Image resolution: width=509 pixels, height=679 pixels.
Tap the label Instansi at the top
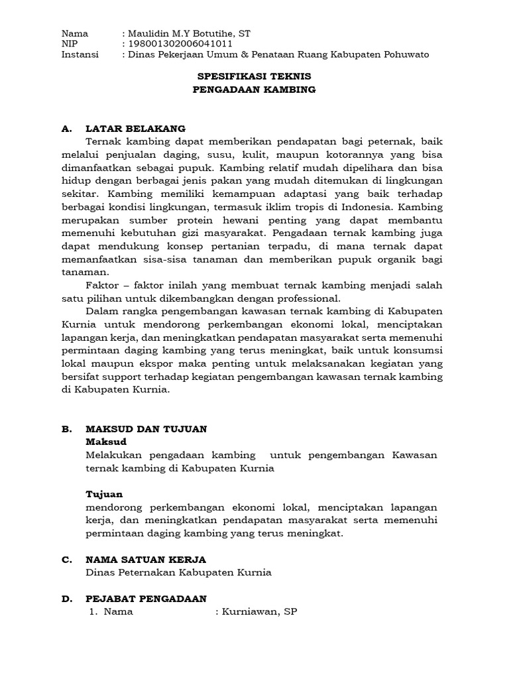[x=80, y=54]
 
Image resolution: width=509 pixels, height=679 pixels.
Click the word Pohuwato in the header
[x=406, y=54]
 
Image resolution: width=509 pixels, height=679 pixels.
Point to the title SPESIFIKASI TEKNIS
[x=254, y=77]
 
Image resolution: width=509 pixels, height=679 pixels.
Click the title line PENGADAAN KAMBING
[x=254, y=90]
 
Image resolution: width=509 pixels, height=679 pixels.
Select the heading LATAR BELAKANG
[x=135, y=129]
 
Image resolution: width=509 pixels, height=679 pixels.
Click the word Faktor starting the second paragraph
[x=103, y=284]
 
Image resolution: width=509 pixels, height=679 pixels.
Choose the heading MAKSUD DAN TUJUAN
[x=146, y=429]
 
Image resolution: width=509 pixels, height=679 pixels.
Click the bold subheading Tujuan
[x=104, y=494]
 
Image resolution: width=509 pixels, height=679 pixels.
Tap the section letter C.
[x=66, y=560]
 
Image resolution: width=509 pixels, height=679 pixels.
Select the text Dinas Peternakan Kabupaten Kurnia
[x=179, y=572]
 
